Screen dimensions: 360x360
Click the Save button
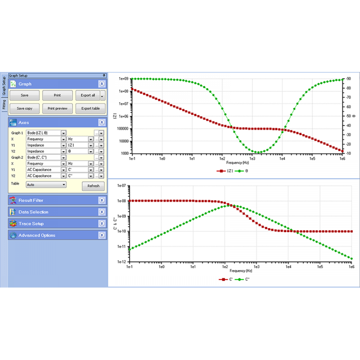pyautogui.click(x=24, y=95)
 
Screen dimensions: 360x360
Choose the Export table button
pyautogui.click(x=90, y=108)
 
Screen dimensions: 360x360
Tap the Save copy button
pyautogui.click(x=24, y=108)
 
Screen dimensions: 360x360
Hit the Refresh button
pyautogui.click(x=93, y=186)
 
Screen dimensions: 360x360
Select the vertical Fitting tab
pyautogui.click(x=4, y=104)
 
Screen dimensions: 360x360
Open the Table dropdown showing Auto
pyautogui.click(x=46, y=184)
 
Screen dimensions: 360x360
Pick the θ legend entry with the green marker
pyautogui.click(x=242, y=171)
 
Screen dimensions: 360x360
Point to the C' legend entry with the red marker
pyautogui.click(x=226, y=279)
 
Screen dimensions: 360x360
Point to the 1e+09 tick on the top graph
pyautogui.click(x=124, y=78)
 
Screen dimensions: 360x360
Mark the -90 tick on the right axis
pyautogui.click(x=348, y=78)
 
